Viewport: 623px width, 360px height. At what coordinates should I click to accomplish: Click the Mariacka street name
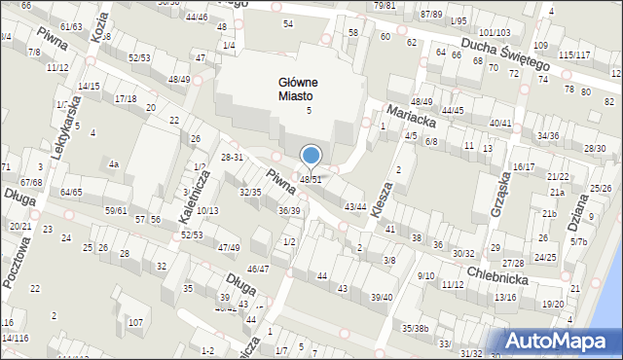pyautogui.click(x=409, y=113)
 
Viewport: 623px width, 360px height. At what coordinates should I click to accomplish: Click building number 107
pyautogui.click(x=137, y=322)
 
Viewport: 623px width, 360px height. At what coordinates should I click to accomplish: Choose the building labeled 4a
pyautogui.click(x=114, y=164)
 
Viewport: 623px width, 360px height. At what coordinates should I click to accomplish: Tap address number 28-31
pyautogui.click(x=232, y=158)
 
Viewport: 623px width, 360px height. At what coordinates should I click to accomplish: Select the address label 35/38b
pyautogui.click(x=416, y=328)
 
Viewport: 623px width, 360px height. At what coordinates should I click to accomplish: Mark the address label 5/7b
pyautogui.click(x=579, y=241)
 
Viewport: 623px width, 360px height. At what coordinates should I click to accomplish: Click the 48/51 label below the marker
pyautogui.click(x=311, y=180)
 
